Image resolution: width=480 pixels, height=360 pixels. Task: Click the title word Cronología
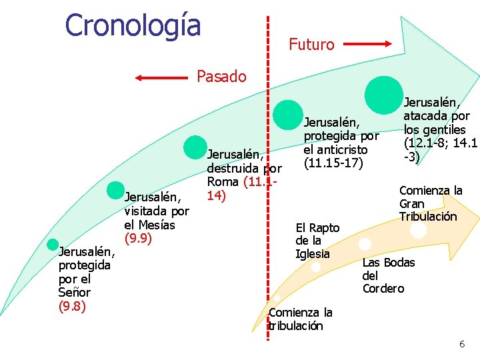click(x=133, y=25)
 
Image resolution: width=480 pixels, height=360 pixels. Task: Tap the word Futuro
click(x=311, y=45)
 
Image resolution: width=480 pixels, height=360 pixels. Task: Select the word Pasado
click(x=221, y=77)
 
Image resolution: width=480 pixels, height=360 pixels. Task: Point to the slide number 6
click(x=461, y=344)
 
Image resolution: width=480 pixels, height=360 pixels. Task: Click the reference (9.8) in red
click(x=72, y=306)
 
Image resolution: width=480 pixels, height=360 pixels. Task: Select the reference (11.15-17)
click(x=333, y=162)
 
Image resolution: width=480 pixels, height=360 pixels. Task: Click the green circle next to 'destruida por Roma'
click(x=195, y=148)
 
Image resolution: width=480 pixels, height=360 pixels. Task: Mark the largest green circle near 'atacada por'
click(x=384, y=92)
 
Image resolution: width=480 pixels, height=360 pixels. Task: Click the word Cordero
click(x=383, y=289)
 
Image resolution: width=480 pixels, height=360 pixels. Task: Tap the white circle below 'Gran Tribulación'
click(x=418, y=230)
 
